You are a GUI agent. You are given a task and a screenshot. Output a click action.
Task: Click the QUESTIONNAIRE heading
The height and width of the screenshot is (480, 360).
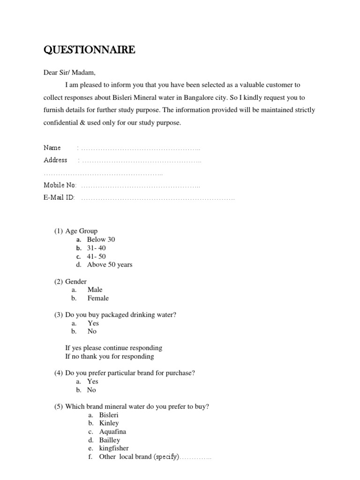click(89, 50)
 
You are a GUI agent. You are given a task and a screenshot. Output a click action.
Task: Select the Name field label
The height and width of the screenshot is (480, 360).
click(52, 148)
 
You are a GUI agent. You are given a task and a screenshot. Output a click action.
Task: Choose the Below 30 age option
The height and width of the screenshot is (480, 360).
click(101, 240)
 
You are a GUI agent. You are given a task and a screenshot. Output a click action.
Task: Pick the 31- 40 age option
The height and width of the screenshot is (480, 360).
click(97, 248)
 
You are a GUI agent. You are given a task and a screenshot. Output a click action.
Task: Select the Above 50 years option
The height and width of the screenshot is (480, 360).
click(110, 264)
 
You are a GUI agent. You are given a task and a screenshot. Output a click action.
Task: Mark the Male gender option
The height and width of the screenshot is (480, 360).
click(95, 290)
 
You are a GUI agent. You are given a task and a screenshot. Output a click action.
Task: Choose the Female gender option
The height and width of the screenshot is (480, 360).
click(98, 298)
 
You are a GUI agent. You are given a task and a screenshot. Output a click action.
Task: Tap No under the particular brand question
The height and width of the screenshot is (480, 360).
click(91, 390)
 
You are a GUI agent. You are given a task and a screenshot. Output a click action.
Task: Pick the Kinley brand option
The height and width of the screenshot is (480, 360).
click(109, 423)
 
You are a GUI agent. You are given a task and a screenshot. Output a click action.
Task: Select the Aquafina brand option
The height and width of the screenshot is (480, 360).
click(112, 432)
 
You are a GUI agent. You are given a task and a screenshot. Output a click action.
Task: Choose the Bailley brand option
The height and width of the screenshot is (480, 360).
click(110, 440)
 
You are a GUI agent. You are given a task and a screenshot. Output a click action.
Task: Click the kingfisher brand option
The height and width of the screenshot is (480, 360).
click(114, 448)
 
